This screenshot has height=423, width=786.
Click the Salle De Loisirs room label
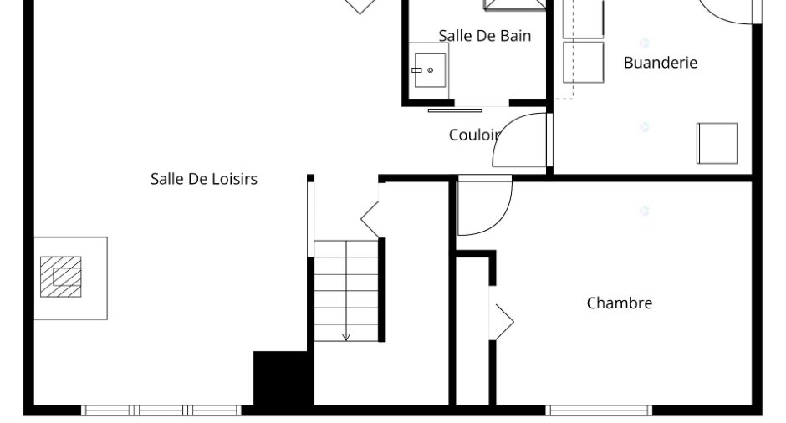[x=204, y=179]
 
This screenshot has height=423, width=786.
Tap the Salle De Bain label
[x=485, y=36]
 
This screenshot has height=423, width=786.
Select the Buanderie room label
[x=661, y=62]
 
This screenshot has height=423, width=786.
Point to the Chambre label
[x=620, y=303]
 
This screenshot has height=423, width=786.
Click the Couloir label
[x=474, y=135]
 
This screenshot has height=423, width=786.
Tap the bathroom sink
[x=430, y=70]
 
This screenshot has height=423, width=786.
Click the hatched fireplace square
[x=61, y=277]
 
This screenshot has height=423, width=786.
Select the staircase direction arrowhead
[x=346, y=337]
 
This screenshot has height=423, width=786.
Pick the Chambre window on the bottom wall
[x=599, y=410]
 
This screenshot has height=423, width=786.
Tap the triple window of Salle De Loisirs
[x=161, y=410]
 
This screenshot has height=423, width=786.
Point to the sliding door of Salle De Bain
[x=455, y=110]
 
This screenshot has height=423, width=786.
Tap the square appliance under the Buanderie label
[x=717, y=143]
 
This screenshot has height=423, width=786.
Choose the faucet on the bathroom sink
[x=416, y=70]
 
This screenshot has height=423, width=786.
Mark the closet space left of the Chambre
[x=472, y=331]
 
